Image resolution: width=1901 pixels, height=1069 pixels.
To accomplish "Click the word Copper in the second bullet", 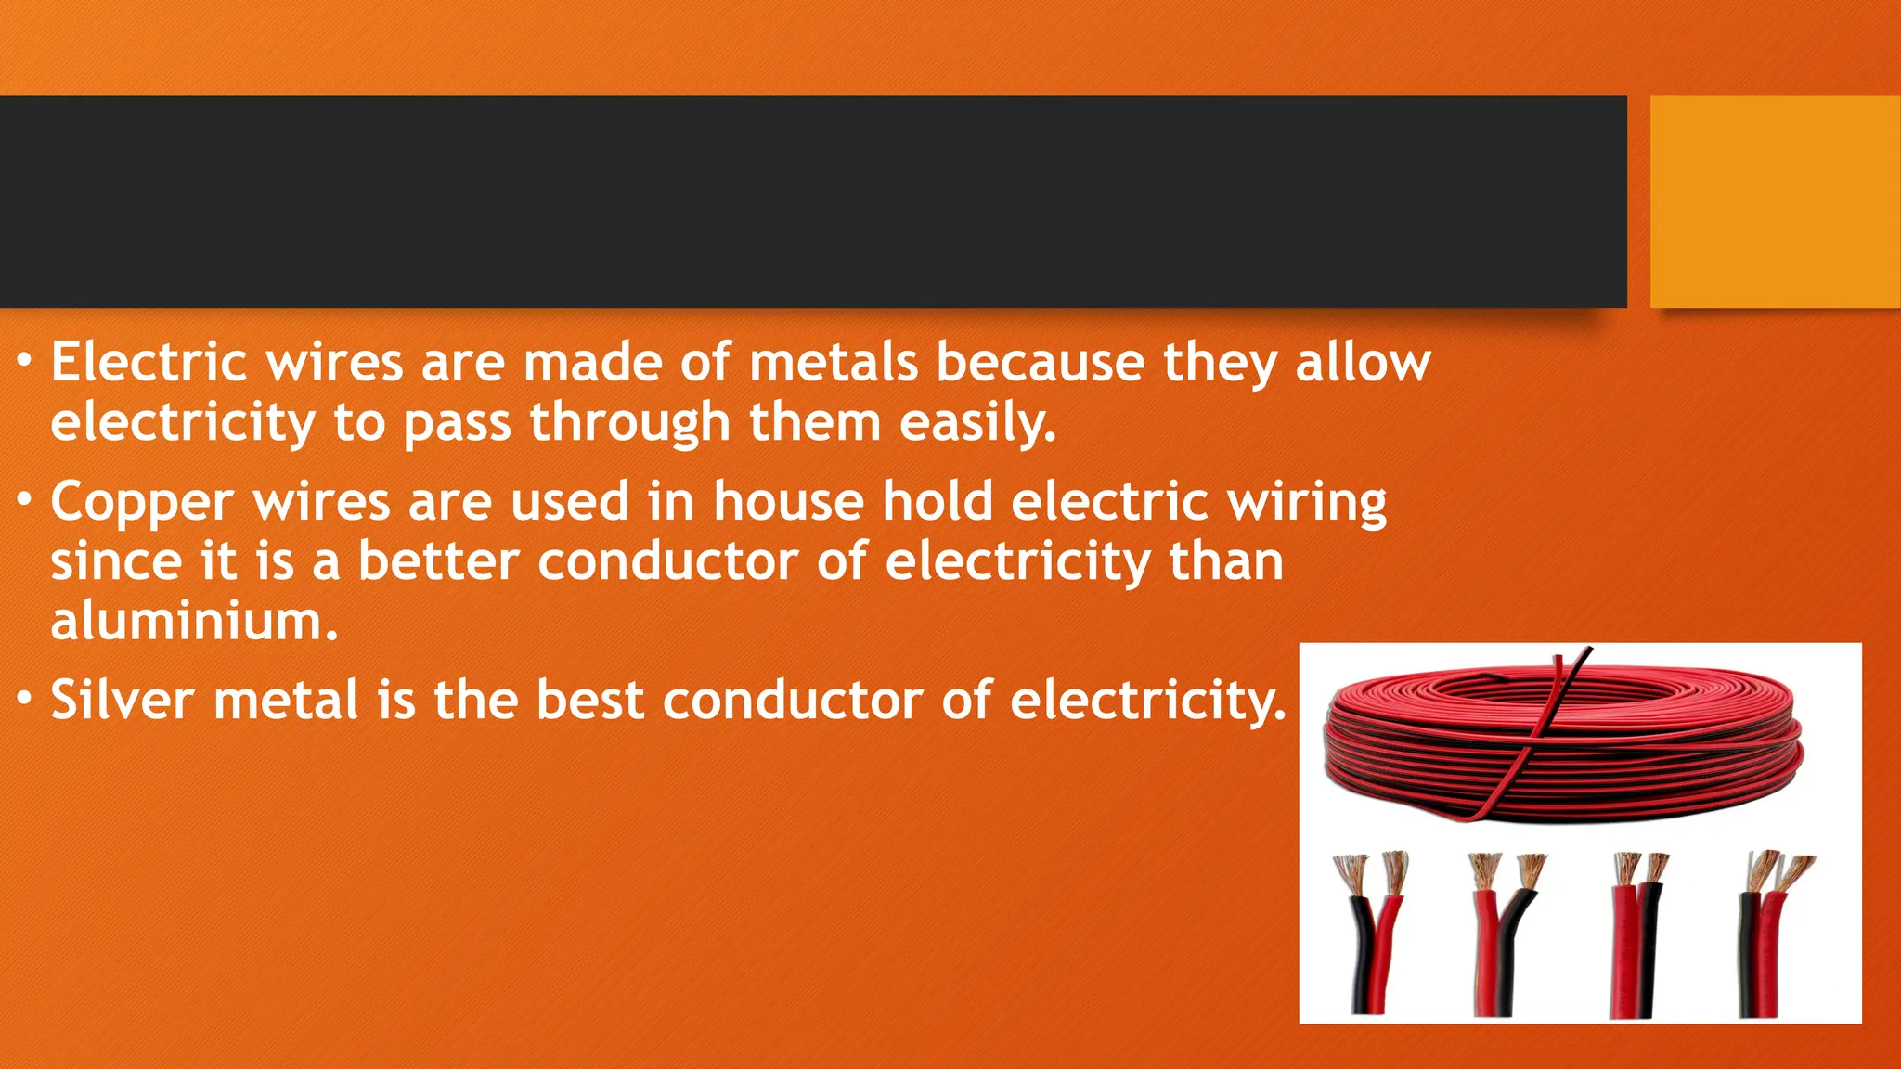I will (x=142, y=503).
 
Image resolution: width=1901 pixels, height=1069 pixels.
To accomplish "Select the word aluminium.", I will (x=194, y=622).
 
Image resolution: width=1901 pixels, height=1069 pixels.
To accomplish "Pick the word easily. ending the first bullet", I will (x=977, y=423).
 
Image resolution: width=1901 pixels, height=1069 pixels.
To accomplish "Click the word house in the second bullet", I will (x=788, y=503).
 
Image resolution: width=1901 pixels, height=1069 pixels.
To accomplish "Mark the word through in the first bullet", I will (x=630, y=423).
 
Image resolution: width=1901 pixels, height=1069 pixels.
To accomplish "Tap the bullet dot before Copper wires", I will (x=25, y=499).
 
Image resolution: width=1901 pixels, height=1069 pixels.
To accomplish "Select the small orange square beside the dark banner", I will (x=1775, y=201).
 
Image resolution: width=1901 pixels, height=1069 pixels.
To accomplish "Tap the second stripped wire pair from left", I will (x=1501, y=933).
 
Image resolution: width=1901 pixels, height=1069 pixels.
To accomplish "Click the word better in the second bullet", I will (x=438, y=562).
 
